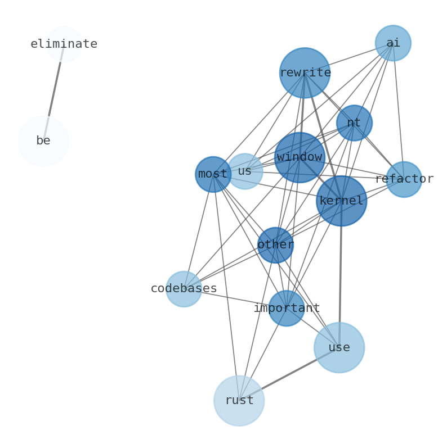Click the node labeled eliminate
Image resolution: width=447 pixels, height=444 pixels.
64,44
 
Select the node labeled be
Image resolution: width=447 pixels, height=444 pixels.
43,141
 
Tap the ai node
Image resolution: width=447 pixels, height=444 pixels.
393,43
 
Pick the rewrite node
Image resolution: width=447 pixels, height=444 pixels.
305,73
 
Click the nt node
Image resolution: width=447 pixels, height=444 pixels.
354,123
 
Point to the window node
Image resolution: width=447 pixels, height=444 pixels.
300,157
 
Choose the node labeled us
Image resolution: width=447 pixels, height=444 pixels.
244,171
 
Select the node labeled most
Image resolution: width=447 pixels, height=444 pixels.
213,174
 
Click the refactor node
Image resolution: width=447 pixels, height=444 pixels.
404,179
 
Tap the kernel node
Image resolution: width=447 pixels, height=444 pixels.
341,201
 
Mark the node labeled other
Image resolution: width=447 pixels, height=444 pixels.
275,245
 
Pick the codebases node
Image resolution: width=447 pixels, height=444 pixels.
184,289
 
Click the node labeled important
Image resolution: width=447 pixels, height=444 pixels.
287,308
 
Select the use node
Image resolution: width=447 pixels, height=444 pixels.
339,347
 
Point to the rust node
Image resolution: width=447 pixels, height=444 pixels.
239,400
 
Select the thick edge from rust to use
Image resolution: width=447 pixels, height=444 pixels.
289,374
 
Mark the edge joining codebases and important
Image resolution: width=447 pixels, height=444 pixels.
235,298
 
